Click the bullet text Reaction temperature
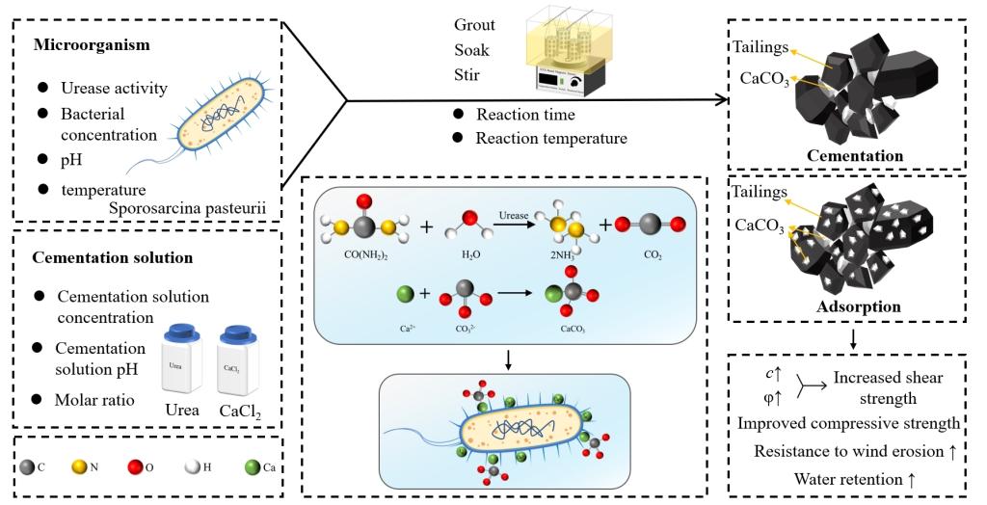551,138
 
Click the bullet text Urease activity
114,89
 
